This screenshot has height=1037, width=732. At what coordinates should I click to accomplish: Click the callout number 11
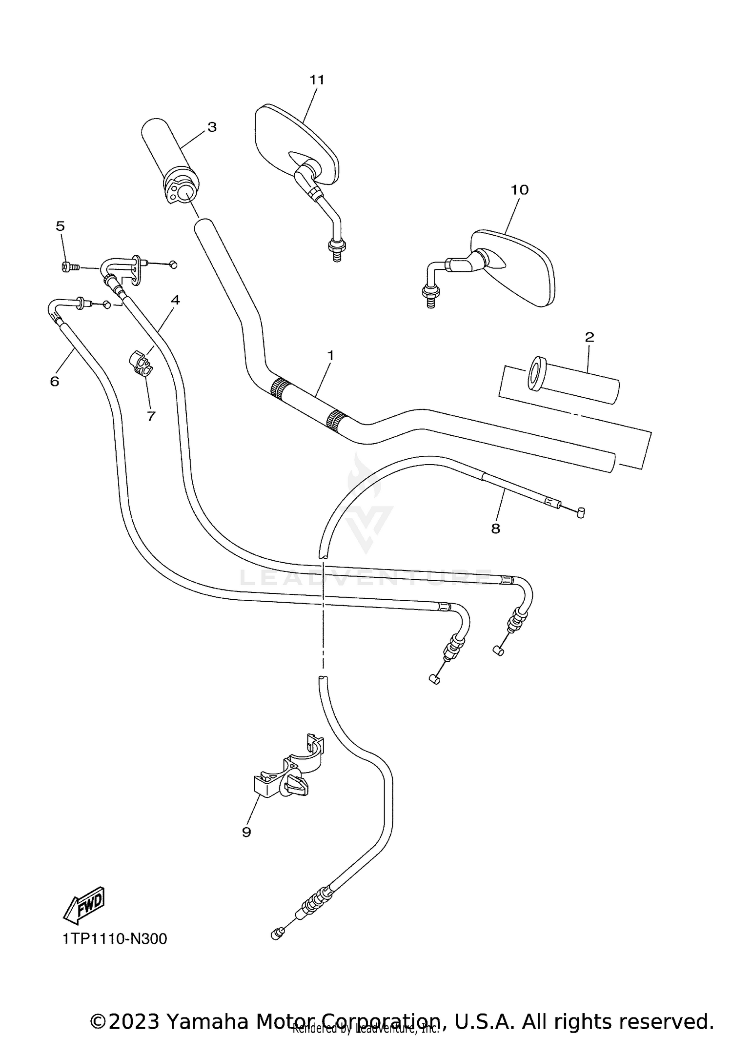[317, 80]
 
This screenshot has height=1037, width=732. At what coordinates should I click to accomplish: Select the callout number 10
[519, 190]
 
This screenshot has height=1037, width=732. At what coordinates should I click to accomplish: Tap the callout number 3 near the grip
[212, 127]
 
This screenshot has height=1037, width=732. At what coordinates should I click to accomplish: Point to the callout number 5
[60, 226]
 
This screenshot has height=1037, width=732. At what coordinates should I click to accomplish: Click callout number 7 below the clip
[151, 416]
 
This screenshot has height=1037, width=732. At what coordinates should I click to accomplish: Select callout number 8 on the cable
[495, 529]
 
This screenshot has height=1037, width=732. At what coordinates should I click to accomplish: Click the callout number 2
[589, 337]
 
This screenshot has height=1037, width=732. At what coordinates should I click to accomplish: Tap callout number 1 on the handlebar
[330, 356]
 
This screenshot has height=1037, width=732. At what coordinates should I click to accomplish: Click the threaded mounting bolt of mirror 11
[336, 251]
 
